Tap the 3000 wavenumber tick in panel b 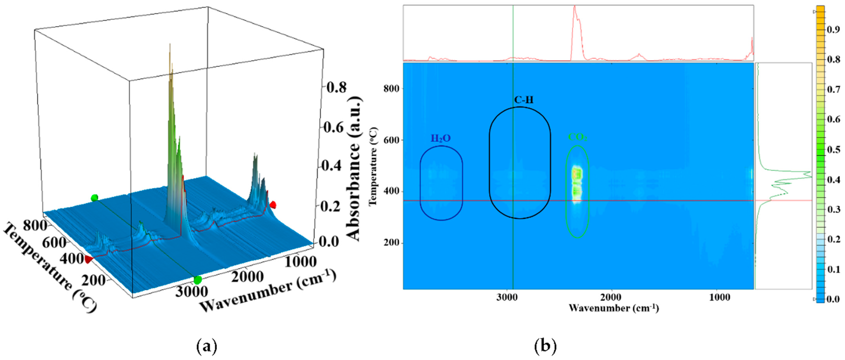click(x=507, y=297)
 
